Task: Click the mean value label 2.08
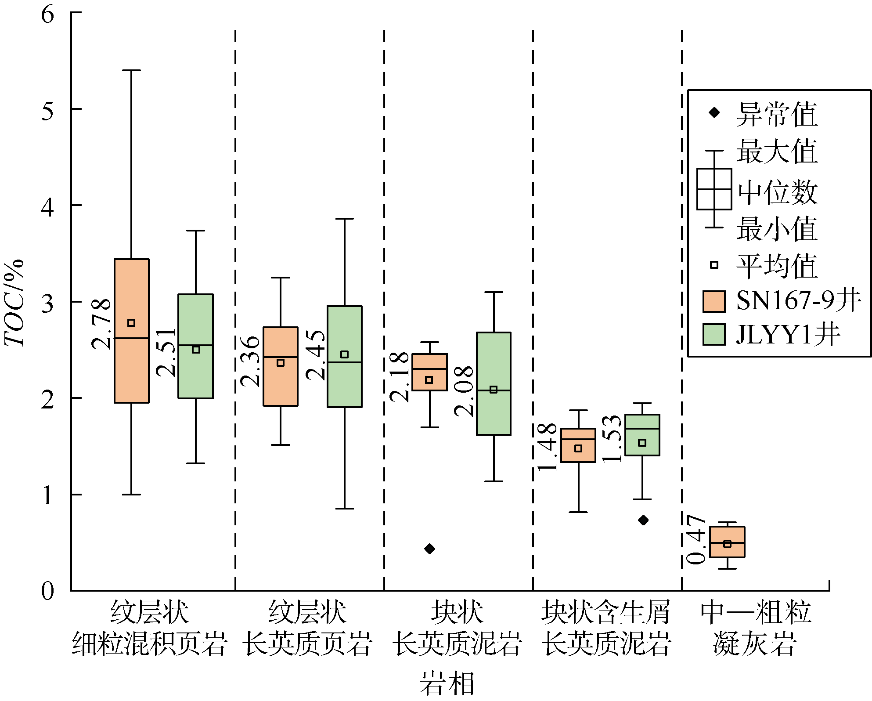point(464,391)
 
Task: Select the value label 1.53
point(612,438)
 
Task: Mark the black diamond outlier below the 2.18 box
point(429,549)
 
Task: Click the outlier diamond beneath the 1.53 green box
point(643,520)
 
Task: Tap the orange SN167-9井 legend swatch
point(713,301)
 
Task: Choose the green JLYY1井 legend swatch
point(713,335)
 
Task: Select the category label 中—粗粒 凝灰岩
point(755,628)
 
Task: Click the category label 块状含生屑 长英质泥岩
point(606,628)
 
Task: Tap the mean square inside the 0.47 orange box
point(727,544)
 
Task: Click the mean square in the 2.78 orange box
point(131,323)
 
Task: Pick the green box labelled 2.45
point(345,356)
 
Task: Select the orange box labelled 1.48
point(578,445)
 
